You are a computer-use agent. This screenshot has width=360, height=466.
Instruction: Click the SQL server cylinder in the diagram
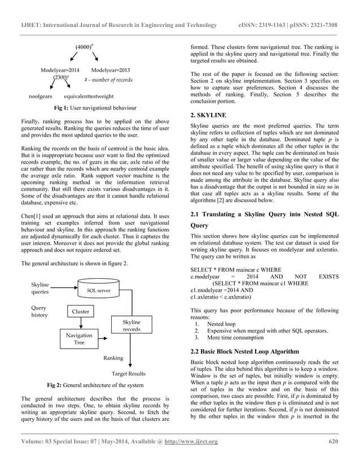(98, 290)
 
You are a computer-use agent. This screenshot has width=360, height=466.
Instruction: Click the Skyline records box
(131, 325)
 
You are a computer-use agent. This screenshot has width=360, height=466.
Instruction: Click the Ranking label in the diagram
(113, 358)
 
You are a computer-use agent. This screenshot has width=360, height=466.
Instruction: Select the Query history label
(39, 311)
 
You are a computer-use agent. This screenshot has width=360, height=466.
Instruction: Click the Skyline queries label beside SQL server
(39, 288)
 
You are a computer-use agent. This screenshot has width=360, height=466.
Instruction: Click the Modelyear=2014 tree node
(60, 70)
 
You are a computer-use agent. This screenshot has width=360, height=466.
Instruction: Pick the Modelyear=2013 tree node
(111, 70)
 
